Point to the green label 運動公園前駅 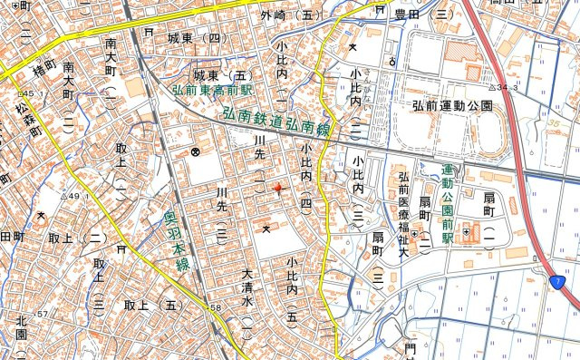(446, 202)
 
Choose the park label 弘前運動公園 (451, 106)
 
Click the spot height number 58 (215, 309)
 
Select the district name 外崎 (272, 15)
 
